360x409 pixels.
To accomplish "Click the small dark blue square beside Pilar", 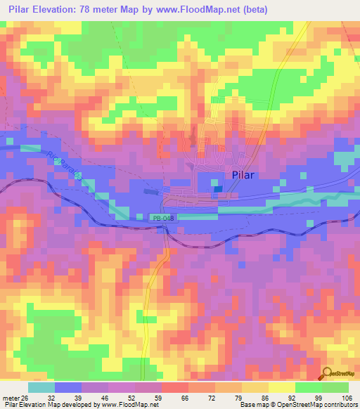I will tap(217, 188).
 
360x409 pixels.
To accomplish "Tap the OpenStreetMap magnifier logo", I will tap(327, 374).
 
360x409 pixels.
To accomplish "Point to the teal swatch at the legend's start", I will tap(41, 387).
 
